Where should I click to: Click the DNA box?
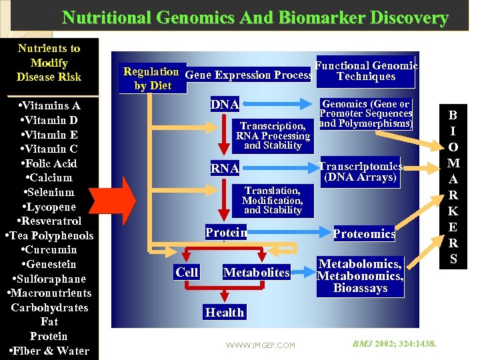click(225, 105)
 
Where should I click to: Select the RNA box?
click(225, 169)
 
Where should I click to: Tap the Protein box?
click(226, 233)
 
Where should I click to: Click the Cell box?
click(187, 272)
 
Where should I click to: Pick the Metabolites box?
click(257, 272)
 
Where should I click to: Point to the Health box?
click(225, 312)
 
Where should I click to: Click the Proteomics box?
click(364, 233)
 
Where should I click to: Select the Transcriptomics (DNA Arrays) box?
click(361, 172)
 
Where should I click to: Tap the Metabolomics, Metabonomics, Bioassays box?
click(360, 276)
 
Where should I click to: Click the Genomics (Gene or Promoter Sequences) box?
click(365, 114)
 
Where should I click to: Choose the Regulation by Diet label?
click(152, 78)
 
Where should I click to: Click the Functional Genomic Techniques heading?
click(366, 71)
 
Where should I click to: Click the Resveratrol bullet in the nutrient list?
click(50, 221)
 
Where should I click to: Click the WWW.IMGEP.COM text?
click(260, 345)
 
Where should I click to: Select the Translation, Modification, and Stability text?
click(272, 200)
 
